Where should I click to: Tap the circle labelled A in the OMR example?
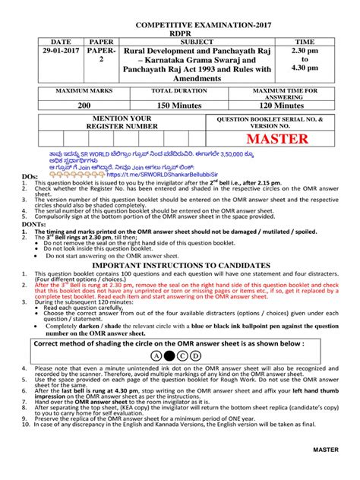click(156, 354)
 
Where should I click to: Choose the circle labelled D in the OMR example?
click(196, 354)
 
